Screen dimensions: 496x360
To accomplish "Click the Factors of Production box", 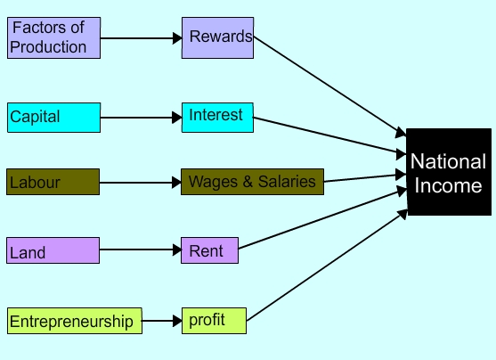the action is [x=53, y=37].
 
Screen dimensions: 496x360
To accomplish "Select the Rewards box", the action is [x=217, y=37].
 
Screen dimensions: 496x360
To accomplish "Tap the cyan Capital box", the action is [x=53, y=118].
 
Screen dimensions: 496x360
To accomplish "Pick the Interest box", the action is [x=217, y=118].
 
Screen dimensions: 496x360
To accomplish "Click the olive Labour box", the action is [x=53, y=182].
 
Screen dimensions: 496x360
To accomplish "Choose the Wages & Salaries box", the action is [x=252, y=182].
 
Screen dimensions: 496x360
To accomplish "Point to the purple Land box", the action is [x=53, y=250].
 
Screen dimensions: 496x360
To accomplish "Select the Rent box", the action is [x=210, y=250].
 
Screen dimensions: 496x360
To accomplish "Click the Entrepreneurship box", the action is [x=75, y=321].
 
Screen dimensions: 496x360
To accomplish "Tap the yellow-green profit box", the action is [x=214, y=321].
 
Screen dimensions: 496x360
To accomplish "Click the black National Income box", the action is [x=449, y=172].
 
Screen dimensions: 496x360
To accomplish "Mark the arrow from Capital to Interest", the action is [x=141, y=118].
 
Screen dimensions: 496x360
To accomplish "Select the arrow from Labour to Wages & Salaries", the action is [x=141, y=183].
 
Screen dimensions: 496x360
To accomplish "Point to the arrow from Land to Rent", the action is [x=141, y=250].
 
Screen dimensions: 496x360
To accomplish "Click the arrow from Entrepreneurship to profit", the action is [x=162, y=321].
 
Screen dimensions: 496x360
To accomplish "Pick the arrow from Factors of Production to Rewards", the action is [x=141, y=38].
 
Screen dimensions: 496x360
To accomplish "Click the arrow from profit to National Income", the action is [x=327, y=265].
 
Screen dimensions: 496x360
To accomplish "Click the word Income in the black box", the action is [x=448, y=185].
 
